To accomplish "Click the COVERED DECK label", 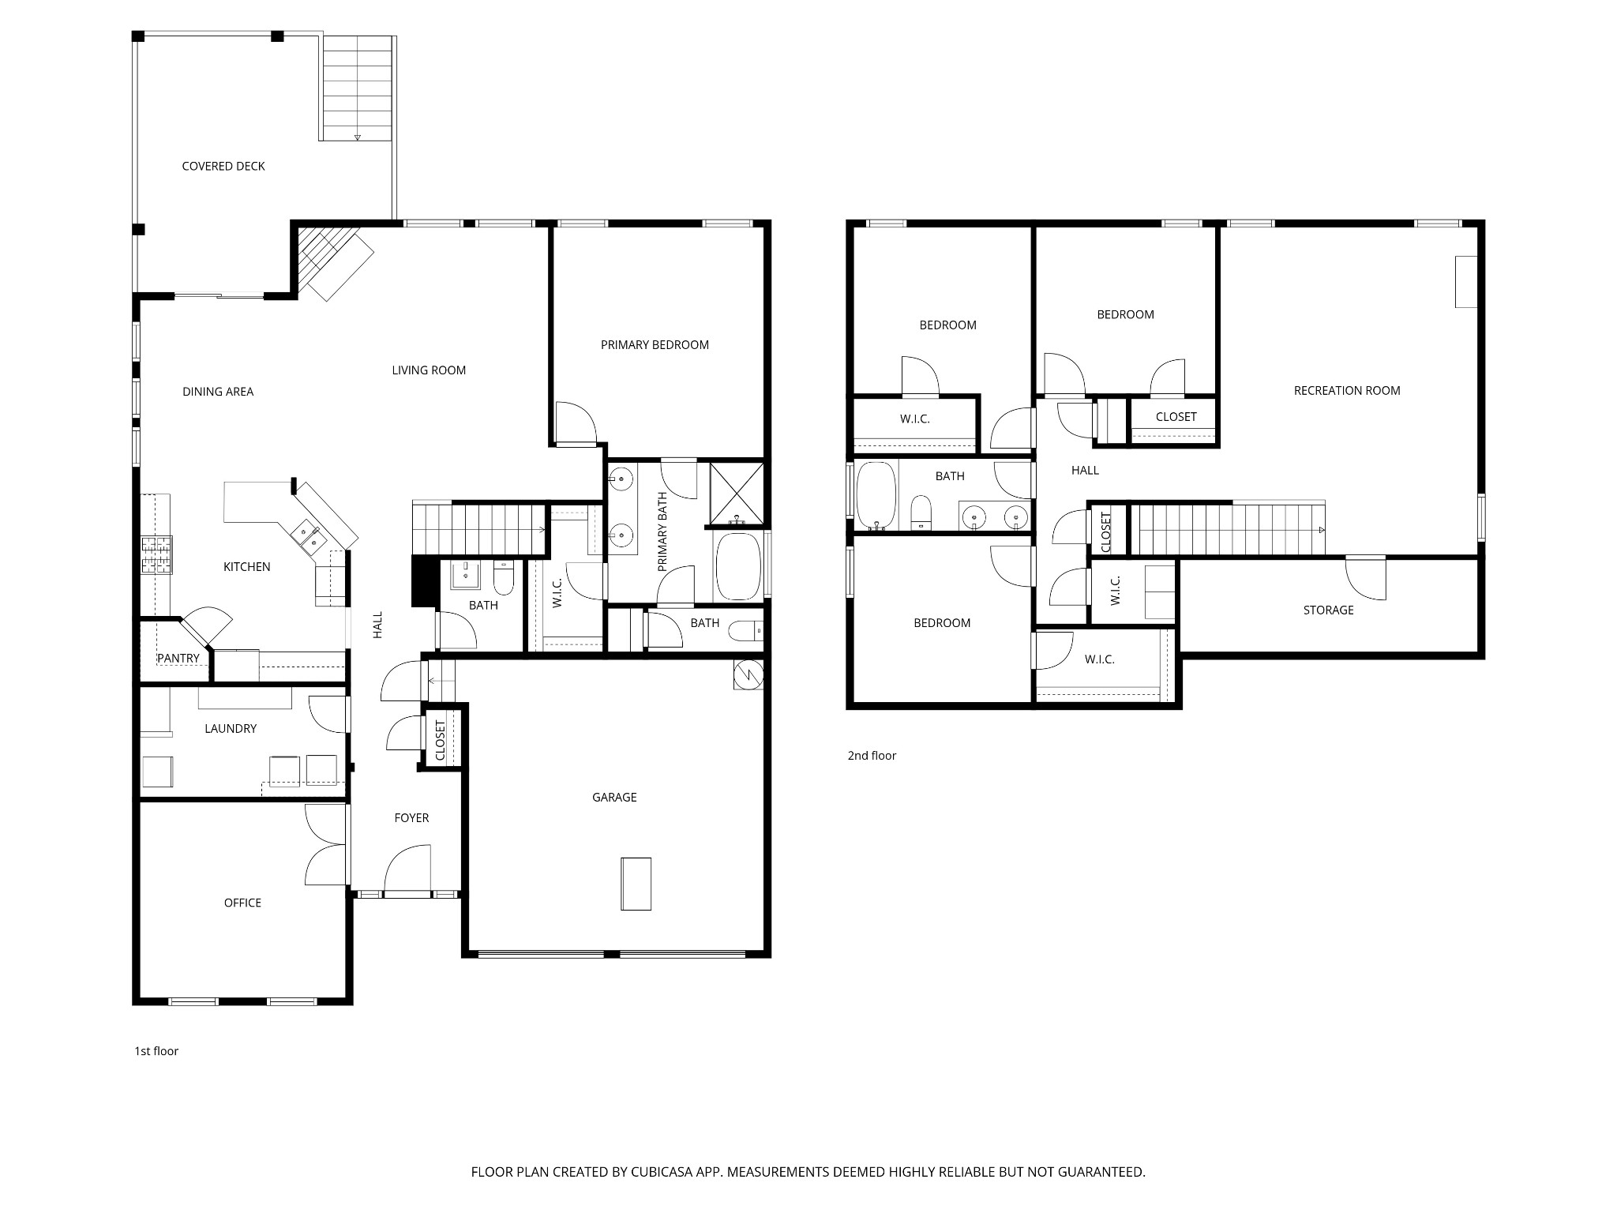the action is pyautogui.click(x=223, y=166).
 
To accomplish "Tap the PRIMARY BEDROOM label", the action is pyautogui.click(x=655, y=344).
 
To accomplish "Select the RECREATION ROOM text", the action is pyautogui.click(x=1347, y=390).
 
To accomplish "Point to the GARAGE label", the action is pyautogui.click(x=614, y=798).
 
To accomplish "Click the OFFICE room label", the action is pyautogui.click(x=242, y=903).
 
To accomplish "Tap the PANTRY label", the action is pyautogui.click(x=178, y=658).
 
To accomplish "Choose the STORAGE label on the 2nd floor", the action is pyautogui.click(x=1328, y=610).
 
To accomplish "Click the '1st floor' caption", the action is pyautogui.click(x=156, y=1051).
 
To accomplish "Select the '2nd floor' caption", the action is pyautogui.click(x=872, y=756).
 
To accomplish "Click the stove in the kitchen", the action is pyautogui.click(x=156, y=554).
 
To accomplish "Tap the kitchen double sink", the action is pyautogui.click(x=309, y=536).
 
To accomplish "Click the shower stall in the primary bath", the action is pyautogui.click(x=737, y=494).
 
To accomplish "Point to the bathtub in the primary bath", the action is pyautogui.click(x=737, y=567).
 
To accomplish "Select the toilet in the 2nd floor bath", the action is pyautogui.click(x=921, y=513).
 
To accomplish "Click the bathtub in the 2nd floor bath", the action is pyautogui.click(x=876, y=496).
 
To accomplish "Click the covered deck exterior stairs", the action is pyautogui.click(x=357, y=88).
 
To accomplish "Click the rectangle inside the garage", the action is pyautogui.click(x=636, y=884).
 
